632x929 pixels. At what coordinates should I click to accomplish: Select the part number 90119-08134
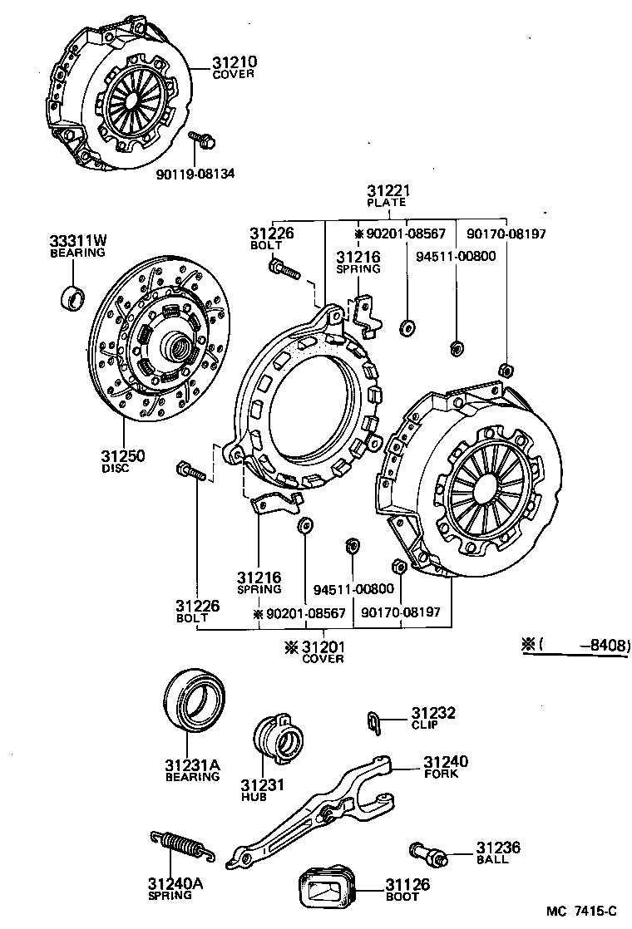[x=195, y=174]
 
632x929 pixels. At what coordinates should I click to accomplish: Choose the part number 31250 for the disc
[x=123, y=456]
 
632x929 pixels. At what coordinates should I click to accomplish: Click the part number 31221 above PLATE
[x=388, y=191]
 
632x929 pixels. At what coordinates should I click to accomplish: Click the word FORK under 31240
[x=441, y=774]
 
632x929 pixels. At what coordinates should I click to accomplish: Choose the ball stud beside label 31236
[x=429, y=851]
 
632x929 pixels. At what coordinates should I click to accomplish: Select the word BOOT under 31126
[x=402, y=897]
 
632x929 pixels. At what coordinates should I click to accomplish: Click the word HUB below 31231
[x=254, y=797]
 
